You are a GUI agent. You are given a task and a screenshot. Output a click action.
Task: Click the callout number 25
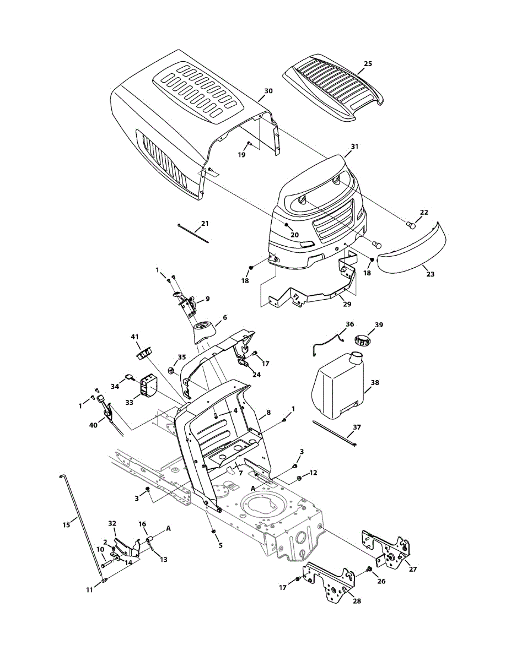(368, 64)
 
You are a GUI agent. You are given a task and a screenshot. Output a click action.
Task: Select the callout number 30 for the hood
(268, 90)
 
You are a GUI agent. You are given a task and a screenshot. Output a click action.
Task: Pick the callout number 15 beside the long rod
(67, 525)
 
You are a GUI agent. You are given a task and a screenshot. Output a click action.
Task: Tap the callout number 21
(205, 223)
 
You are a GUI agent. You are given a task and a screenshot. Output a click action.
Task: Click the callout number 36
(349, 324)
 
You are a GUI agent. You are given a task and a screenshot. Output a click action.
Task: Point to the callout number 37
(357, 427)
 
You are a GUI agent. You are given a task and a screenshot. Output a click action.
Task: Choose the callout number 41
(135, 337)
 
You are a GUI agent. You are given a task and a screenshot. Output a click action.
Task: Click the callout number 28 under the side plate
(357, 601)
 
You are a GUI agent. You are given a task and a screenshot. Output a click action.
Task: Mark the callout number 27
(413, 570)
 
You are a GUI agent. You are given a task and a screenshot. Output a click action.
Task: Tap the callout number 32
(112, 523)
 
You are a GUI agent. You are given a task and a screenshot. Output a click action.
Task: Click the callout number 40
(93, 425)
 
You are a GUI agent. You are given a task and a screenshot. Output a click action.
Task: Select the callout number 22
(423, 212)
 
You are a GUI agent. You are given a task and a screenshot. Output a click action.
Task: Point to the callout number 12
(313, 473)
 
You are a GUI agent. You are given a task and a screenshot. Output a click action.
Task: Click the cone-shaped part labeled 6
(205, 327)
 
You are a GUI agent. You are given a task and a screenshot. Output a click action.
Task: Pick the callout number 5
(220, 545)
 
